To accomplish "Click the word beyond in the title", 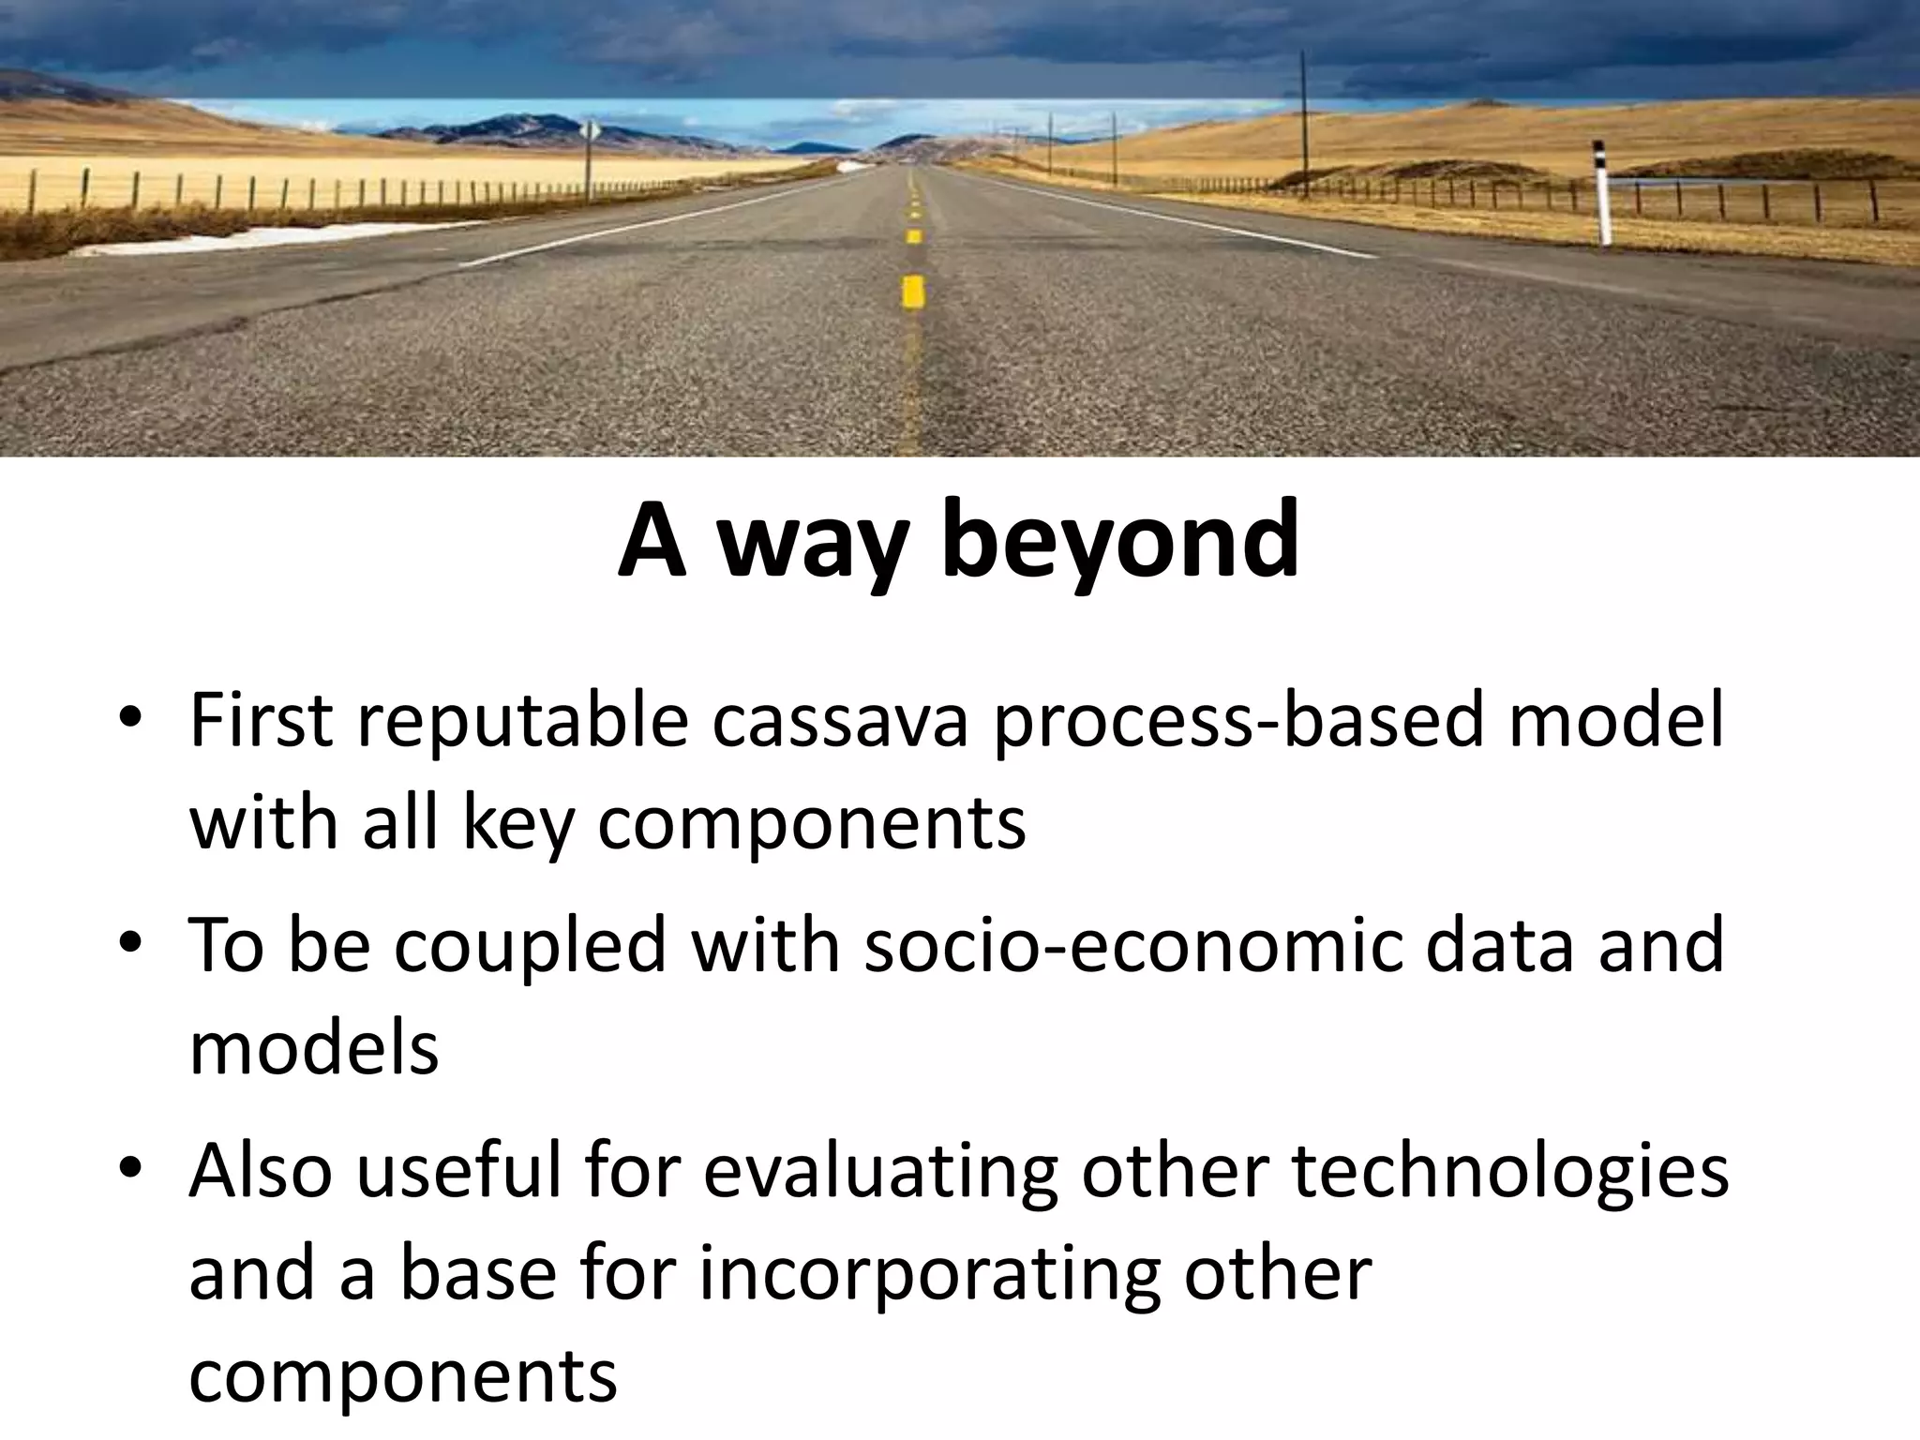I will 1120,543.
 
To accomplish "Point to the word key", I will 517,824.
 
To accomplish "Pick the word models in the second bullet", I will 314,1047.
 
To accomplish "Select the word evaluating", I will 880,1171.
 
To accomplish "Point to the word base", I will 479,1274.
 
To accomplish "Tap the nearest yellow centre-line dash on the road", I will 912,292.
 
